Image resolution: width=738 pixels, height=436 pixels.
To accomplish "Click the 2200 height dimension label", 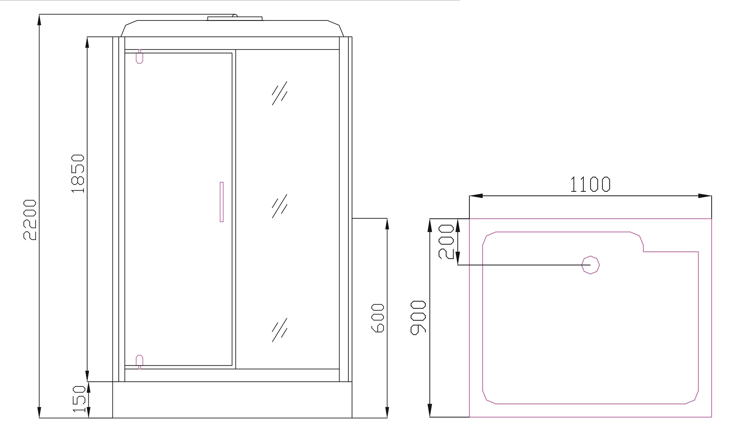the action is coord(30,220).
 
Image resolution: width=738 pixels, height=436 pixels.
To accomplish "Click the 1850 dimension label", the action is coord(78,174).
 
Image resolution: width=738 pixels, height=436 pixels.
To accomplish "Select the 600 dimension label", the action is coord(378,318).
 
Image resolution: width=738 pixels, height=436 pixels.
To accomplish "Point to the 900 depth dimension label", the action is coord(418,318).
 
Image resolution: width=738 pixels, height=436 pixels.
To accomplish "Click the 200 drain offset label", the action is coord(446,242).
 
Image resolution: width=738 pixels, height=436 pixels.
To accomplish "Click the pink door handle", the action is coord(222,202).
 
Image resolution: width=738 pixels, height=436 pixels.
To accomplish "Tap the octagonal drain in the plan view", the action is coord(591,265).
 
